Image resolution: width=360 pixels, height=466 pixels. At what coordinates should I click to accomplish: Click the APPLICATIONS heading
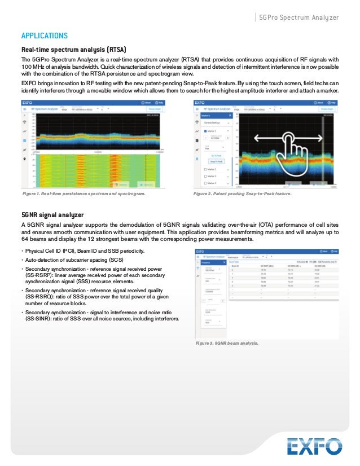(x=45, y=36)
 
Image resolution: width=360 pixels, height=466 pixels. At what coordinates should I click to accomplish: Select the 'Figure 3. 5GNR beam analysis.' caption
(x=227, y=343)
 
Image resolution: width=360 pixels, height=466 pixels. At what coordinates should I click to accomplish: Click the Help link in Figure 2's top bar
(x=333, y=103)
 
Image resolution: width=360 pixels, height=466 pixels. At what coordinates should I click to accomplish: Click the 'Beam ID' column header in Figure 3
(x=236, y=265)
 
